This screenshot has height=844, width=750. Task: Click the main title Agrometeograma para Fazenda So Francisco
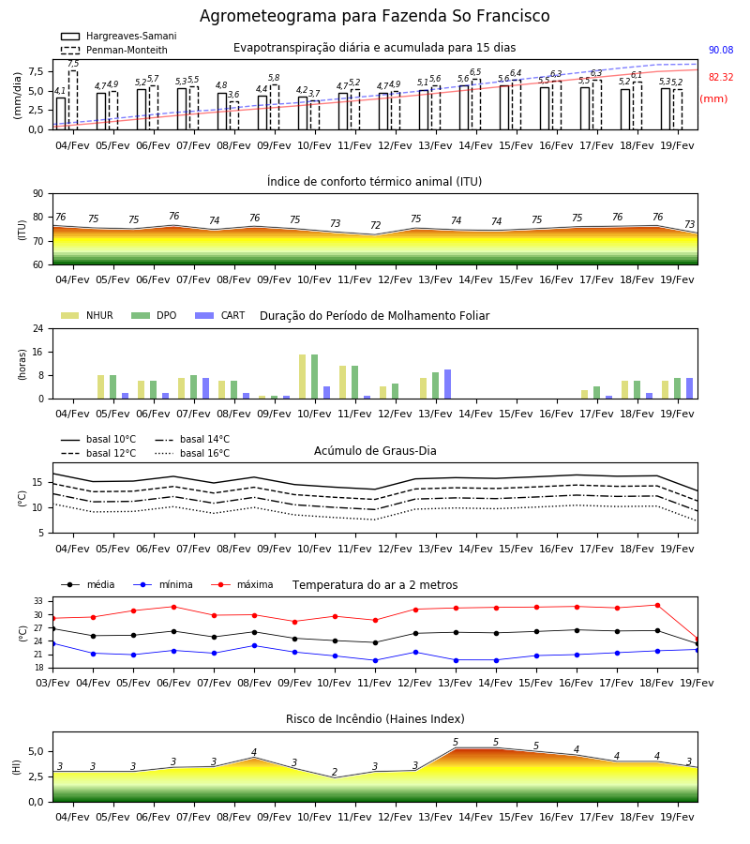tap(374, 16)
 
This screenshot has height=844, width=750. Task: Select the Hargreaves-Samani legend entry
tap(119, 36)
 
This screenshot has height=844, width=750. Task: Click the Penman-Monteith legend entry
tap(114, 50)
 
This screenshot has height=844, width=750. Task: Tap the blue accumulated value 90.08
tap(721, 50)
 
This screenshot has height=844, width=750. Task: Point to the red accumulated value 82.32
tap(721, 77)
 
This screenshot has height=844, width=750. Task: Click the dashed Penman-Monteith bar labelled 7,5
tap(73, 100)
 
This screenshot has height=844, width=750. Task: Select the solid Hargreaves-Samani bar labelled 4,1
tap(61, 113)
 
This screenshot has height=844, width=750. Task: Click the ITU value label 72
tap(376, 225)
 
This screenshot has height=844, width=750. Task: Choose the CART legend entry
tap(220, 315)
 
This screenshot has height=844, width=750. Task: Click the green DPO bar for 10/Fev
tap(315, 377)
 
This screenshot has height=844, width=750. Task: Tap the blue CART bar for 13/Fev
tap(447, 384)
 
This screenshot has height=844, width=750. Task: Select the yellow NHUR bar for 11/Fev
tap(343, 383)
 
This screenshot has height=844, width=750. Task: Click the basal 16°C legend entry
tap(192, 453)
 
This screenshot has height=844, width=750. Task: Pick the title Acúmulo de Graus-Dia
tap(375, 450)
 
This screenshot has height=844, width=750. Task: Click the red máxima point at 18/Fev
tap(657, 606)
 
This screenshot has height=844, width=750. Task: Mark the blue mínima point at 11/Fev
tap(376, 660)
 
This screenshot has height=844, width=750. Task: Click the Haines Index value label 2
tap(335, 772)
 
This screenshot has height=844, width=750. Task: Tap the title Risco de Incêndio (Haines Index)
tap(375, 718)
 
